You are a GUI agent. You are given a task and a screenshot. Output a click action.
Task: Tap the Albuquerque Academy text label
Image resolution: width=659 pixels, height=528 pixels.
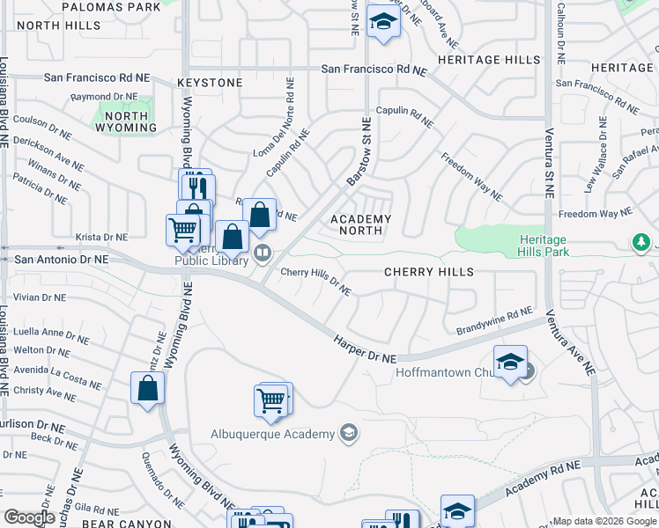click(273, 434)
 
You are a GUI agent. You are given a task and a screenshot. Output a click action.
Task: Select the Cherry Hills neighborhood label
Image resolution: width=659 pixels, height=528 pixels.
click(429, 272)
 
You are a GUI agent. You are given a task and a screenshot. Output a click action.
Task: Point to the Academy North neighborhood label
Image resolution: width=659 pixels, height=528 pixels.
click(361, 224)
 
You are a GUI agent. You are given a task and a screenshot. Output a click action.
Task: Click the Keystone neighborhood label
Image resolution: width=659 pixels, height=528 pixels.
click(210, 83)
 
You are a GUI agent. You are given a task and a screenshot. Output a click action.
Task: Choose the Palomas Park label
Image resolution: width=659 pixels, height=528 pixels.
click(112, 7)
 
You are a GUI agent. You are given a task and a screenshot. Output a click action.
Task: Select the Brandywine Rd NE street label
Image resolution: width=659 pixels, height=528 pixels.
click(494, 321)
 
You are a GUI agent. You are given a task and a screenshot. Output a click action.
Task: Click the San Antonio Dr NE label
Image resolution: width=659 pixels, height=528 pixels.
click(62, 260)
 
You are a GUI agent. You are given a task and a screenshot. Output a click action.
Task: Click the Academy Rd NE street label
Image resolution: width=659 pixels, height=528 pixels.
click(544, 471)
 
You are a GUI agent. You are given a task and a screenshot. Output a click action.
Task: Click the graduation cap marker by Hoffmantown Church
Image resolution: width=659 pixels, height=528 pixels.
click(510, 362)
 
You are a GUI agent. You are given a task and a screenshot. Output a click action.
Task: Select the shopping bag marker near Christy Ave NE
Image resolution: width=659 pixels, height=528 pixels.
click(148, 387)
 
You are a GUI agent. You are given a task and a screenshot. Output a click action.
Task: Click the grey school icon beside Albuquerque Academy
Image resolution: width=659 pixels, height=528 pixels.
click(348, 432)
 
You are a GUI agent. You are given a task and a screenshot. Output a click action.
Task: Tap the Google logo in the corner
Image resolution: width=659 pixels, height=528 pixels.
click(30, 517)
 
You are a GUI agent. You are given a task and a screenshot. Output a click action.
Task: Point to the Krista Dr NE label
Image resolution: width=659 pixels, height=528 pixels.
click(102, 238)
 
